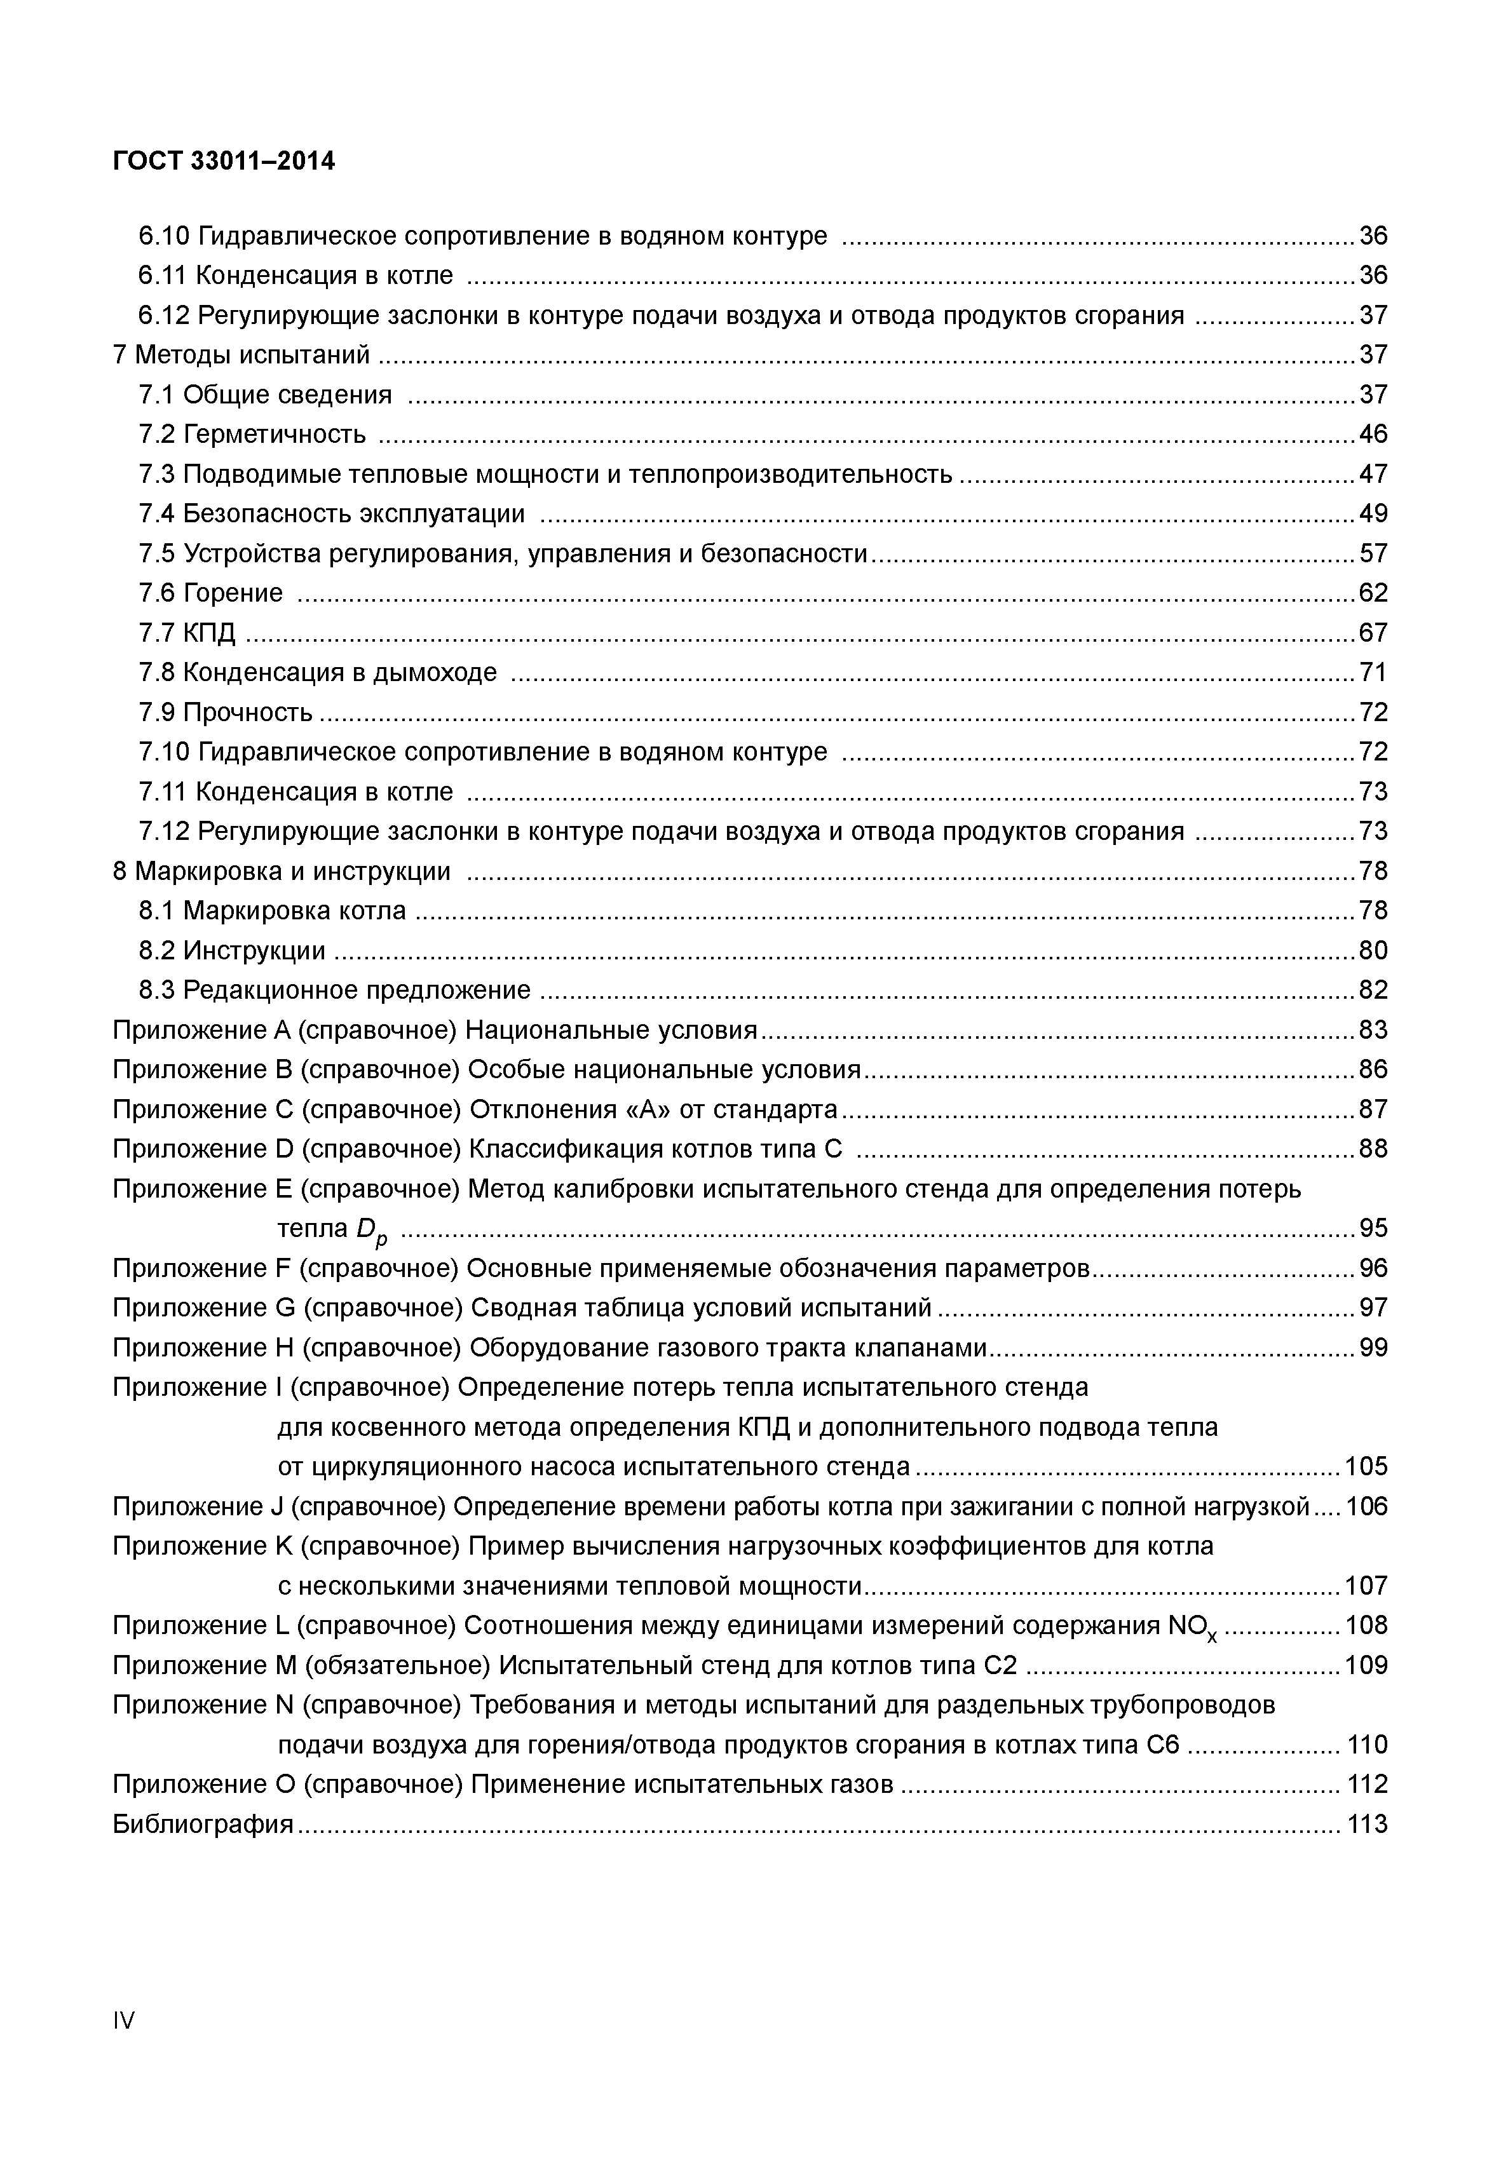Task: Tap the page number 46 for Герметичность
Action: pyautogui.click(x=1373, y=433)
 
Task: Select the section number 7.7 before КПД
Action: pyautogui.click(x=157, y=632)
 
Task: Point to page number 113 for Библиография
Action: pyautogui.click(x=1366, y=1824)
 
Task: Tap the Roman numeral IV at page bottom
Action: pyautogui.click(x=123, y=2020)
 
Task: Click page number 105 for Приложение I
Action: pyautogui.click(x=1366, y=1467)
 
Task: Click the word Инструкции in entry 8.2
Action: pyautogui.click(x=254, y=950)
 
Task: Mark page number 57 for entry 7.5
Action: pyautogui.click(x=1373, y=553)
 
